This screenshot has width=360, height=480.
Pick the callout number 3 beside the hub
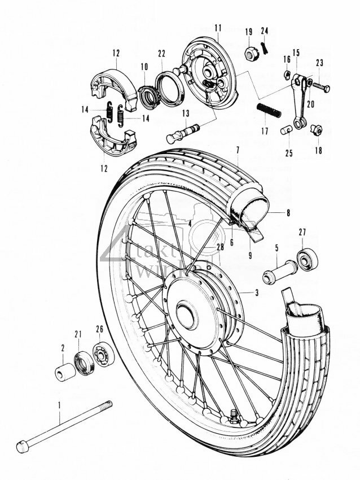pos(257,293)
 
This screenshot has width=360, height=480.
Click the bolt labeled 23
pos(322,86)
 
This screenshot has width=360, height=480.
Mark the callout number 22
pos(161,54)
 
